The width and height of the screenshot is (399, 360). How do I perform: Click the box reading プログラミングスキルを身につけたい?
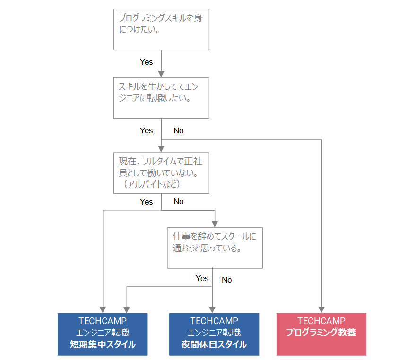(x=161, y=29)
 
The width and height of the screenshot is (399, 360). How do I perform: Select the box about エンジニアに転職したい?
(x=161, y=97)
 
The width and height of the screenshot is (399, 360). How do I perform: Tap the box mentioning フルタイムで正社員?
(x=161, y=172)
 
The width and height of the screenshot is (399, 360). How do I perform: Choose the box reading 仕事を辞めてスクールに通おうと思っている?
(x=215, y=248)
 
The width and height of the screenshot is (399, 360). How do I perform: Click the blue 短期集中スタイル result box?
(x=103, y=334)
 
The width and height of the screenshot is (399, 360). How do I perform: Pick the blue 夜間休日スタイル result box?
(x=214, y=334)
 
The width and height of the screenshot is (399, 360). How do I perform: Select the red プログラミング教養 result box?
(x=321, y=334)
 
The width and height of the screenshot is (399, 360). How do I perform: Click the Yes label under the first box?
(x=146, y=62)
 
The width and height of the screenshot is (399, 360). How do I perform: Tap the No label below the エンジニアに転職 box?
(x=178, y=130)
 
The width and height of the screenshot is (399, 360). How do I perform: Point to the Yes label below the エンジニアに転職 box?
(x=146, y=130)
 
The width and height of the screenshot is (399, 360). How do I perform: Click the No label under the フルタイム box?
(x=178, y=201)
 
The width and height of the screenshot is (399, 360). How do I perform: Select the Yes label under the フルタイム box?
(x=146, y=201)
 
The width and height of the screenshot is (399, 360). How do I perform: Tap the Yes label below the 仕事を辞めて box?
(x=202, y=278)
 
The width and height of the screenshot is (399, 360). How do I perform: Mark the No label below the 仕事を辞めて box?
(x=227, y=280)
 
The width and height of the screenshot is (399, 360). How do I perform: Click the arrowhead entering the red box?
(x=322, y=309)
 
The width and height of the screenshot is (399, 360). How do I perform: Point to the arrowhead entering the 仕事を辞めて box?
(x=215, y=224)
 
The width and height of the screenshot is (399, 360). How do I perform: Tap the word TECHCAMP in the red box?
(x=321, y=321)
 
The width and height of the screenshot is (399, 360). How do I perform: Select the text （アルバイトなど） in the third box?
(x=152, y=184)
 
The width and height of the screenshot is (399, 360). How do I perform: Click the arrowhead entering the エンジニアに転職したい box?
(x=161, y=74)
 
